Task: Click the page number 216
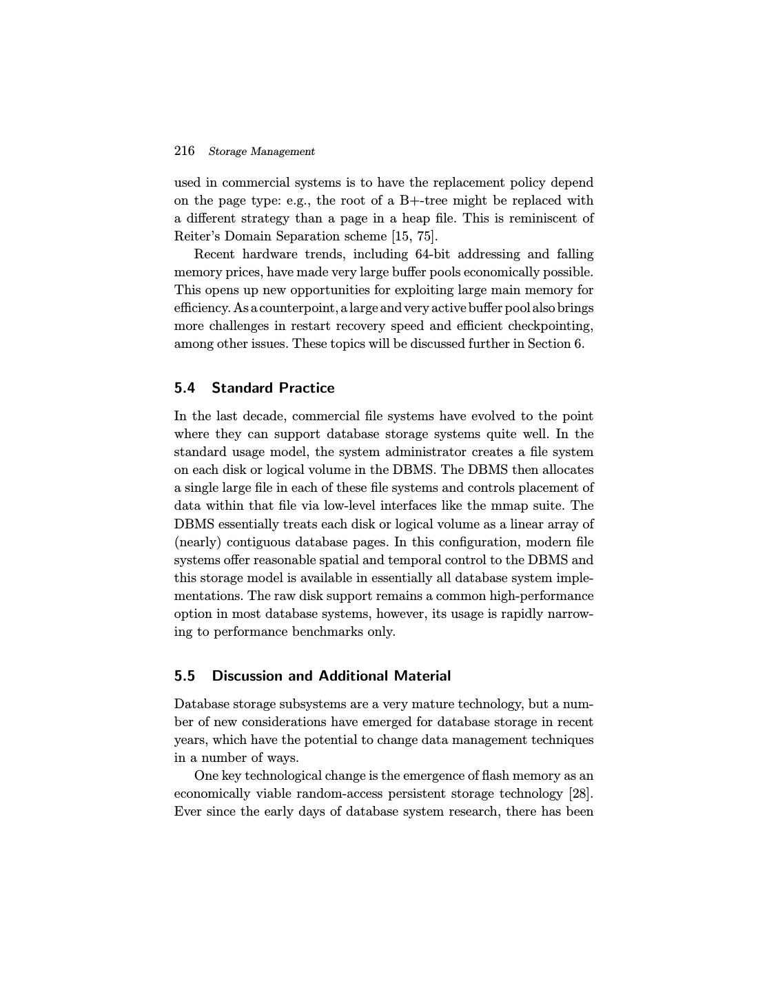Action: click(184, 151)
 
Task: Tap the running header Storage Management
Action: click(261, 152)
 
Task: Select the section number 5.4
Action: click(185, 388)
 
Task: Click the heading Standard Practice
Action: click(273, 388)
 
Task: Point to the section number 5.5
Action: click(185, 676)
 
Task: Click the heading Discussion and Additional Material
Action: click(331, 676)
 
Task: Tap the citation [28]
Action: click(581, 794)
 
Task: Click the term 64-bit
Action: click(433, 254)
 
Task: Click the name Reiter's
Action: click(196, 236)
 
